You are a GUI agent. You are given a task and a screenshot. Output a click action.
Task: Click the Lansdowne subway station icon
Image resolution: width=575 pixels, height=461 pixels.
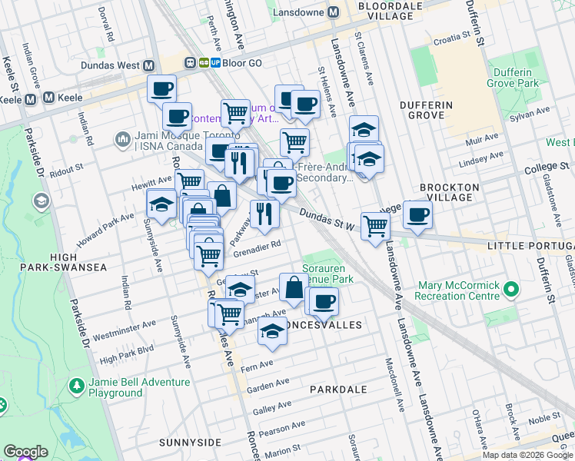[x=334, y=12]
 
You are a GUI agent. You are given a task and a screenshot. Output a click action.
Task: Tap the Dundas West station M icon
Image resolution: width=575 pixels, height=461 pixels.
[x=148, y=66]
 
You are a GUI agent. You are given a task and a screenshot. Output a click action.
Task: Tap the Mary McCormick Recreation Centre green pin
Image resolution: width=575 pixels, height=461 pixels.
[x=510, y=290]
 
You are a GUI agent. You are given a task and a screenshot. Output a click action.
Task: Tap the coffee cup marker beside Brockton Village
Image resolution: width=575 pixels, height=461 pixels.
[x=418, y=214]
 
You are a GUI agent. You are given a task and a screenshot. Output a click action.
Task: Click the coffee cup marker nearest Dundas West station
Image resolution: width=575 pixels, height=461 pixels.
[x=161, y=89]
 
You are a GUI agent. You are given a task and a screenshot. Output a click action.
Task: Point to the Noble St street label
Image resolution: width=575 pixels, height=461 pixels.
[x=545, y=418]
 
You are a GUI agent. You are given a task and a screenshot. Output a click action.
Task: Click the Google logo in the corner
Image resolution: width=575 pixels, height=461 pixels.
[x=25, y=452]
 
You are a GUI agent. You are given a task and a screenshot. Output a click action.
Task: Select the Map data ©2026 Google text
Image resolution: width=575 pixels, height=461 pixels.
[x=527, y=455]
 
